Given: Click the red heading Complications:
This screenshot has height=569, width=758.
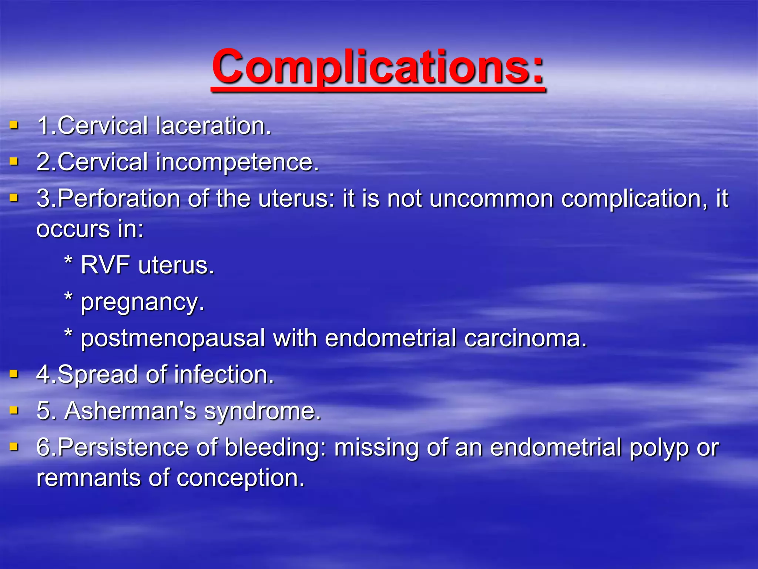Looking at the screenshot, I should [x=378, y=67].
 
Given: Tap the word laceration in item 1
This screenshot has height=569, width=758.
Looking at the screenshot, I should [x=213, y=126].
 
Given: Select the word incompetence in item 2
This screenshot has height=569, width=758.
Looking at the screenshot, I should [x=237, y=162].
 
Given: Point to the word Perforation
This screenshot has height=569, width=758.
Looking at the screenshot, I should [x=119, y=199].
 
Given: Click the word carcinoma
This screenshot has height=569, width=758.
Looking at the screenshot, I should [x=526, y=338].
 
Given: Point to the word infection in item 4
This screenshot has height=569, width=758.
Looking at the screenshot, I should [x=224, y=375].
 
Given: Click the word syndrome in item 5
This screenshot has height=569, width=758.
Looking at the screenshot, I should [x=262, y=412].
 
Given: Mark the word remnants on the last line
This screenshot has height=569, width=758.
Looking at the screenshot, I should [x=88, y=478].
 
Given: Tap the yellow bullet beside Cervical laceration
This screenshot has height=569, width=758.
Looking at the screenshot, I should [x=14, y=125].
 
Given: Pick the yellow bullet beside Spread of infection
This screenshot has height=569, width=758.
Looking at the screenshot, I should [x=14, y=374].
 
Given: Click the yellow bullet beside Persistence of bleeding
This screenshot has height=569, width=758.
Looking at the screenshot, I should [x=14, y=447].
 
